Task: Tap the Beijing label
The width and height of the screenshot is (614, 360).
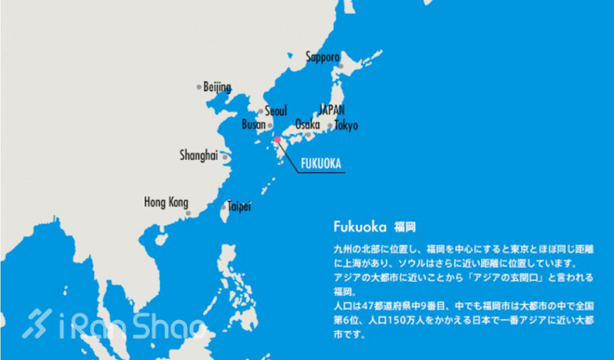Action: pyautogui.click(x=217, y=87)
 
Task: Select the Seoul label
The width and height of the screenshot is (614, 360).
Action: pyautogui.click(x=276, y=110)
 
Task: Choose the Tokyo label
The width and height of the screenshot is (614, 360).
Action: pyautogui.click(x=345, y=125)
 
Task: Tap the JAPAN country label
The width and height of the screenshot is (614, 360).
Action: pyautogui.click(x=331, y=109)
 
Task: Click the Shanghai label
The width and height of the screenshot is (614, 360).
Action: pyautogui.click(x=198, y=155)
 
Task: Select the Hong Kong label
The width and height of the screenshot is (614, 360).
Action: pyautogui.click(x=166, y=202)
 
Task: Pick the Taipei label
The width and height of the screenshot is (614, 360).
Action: pyautogui.click(x=239, y=206)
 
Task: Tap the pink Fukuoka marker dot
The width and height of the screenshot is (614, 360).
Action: pyautogui.click(x=276, y=140)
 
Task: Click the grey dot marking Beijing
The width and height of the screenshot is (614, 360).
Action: pyautogui.click(x=199, y=87)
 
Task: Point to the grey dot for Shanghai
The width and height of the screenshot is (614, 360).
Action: pyautogui.click(x=222, y=156)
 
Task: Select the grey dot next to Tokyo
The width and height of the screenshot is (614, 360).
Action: pyautogui.click(x=329, y=125)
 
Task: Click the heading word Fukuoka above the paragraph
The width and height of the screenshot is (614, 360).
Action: pyautogui.click(x=359, y=226)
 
